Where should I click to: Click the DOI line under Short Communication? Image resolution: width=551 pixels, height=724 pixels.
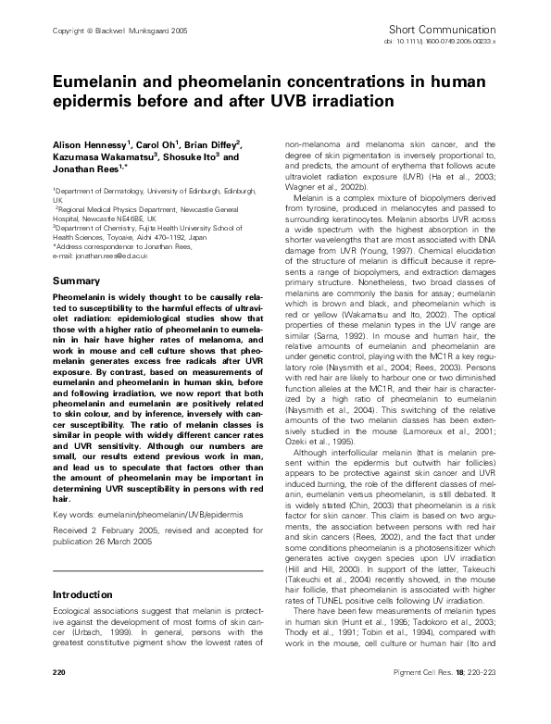click(x=455, y=43)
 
